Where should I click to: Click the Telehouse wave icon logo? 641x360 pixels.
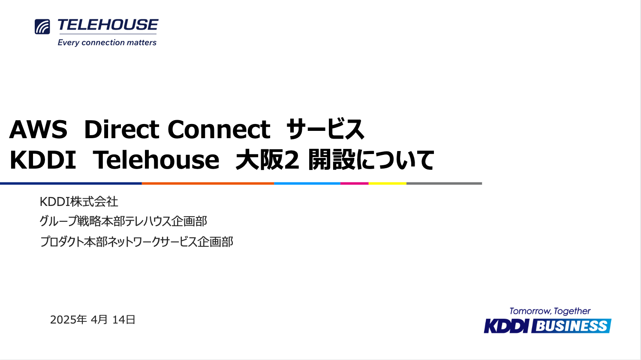(x=42, y=27)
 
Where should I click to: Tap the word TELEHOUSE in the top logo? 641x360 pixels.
(x=108, y=24)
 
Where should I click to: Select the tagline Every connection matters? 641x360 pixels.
(x=107, y=42)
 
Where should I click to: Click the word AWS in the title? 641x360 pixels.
(x=38, y=130)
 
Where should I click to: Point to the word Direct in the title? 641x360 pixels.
(x=122, y=129)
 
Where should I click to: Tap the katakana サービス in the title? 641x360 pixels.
(x=325, y=129)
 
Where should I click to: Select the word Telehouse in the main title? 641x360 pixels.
(x=156, y=160)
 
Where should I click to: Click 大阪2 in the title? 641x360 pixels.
(x=267, y=160)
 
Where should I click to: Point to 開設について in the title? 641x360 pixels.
(x=371, y=160)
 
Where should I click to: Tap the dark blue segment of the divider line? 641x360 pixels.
(x=71, y=183)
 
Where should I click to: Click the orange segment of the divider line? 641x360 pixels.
(x=208, y=183)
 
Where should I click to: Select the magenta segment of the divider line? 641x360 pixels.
(x=354, y=183)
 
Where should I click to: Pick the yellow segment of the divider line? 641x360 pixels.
(x=388, y=183)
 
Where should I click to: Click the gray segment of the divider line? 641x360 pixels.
(x=444, y=183)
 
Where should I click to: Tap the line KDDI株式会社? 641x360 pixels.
(x=79, y=202)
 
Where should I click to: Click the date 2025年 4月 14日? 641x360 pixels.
(x=93, y=320)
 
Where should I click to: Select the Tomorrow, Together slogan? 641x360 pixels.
(x=550, y=312)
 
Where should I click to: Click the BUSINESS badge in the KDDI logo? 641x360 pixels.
(x=571, y=326)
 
